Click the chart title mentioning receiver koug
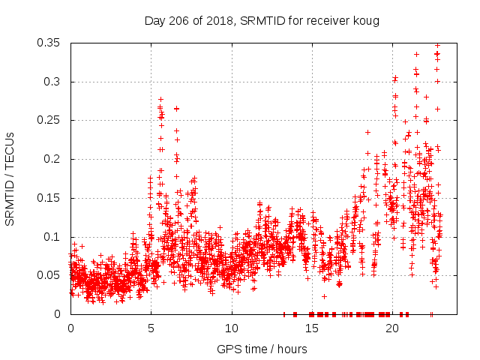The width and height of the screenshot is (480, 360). [x=262, y=21]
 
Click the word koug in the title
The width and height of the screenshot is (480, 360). [x=366, y=21]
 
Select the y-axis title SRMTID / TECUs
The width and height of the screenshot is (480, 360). [x=10, y=178]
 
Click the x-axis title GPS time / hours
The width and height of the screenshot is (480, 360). [x=262, y=349]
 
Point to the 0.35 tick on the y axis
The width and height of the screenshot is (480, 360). [x=49, y=43]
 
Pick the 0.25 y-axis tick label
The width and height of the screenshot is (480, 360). [x=49, y=120]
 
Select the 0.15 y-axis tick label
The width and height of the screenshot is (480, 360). [x=49, y=198]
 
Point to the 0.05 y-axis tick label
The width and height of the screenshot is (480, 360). [x=49, y=275]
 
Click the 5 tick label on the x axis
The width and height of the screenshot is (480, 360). [x=151, y=328]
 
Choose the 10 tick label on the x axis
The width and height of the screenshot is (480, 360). [x=231, y=328]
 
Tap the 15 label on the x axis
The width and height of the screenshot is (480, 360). [x=311, y=328]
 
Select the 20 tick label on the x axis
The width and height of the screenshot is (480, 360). [x=391, y=328]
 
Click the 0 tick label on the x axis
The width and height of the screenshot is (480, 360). [x=70, y=328]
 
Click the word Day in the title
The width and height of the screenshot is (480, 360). [x=155, y=21]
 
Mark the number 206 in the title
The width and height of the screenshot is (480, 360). [x=178, y=21]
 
